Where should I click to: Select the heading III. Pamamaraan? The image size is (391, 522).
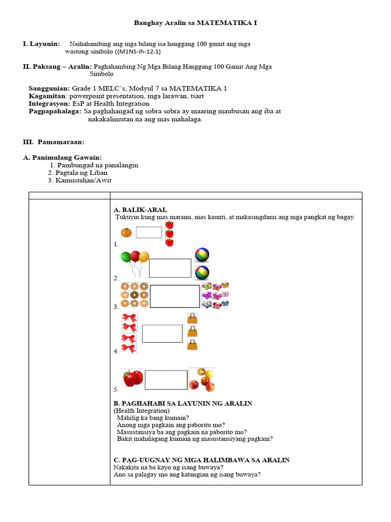tap(53, 141)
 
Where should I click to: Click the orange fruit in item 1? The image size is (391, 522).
tap(126, 232)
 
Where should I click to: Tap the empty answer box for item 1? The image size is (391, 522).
tap(149, 232)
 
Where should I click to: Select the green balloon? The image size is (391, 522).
tap(126, 257)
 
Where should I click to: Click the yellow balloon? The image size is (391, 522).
tap(144, 256)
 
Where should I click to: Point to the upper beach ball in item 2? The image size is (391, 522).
tap(202, 255)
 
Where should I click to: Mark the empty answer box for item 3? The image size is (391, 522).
tap(175, 296)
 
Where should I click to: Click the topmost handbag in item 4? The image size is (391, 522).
tap(192, 318)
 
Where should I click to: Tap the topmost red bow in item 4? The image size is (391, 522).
tap(129, 319)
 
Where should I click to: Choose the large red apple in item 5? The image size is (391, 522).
tap(133, 378)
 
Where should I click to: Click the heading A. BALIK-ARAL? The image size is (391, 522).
tap(140, 210)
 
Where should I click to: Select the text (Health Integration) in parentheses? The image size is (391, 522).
tap(142, 410)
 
